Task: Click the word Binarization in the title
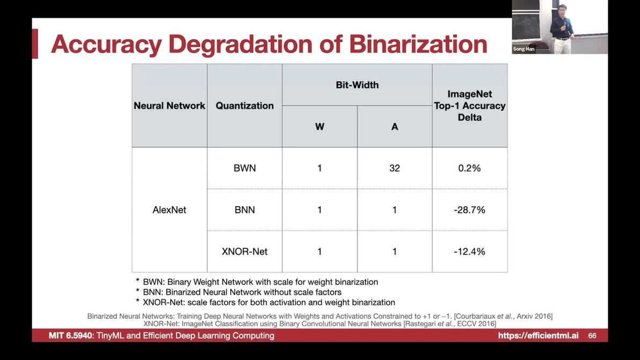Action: pos(418,44)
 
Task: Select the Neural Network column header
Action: pos(169,106)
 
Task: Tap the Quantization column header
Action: pos(244,106)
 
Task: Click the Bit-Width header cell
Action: pos(357,85)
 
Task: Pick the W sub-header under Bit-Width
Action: pos(319,127)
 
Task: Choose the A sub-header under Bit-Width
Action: pos(395,127)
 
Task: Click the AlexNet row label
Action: pos(169,210)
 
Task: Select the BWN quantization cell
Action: pos(244,168)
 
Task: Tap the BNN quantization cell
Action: pos(244,210)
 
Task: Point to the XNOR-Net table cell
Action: pos(244,252)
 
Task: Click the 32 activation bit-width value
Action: pos(395,168)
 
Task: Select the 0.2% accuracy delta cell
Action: pos(470,168)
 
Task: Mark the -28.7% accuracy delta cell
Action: pos(470,210)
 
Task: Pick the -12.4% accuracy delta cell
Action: pos(470,252)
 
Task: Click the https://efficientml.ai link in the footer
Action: pos(538,335)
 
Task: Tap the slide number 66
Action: pos(592,335)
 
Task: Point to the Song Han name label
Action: pos(523,49)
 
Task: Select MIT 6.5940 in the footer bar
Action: pos(71,335)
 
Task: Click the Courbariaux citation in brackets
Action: pos(503,316)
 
